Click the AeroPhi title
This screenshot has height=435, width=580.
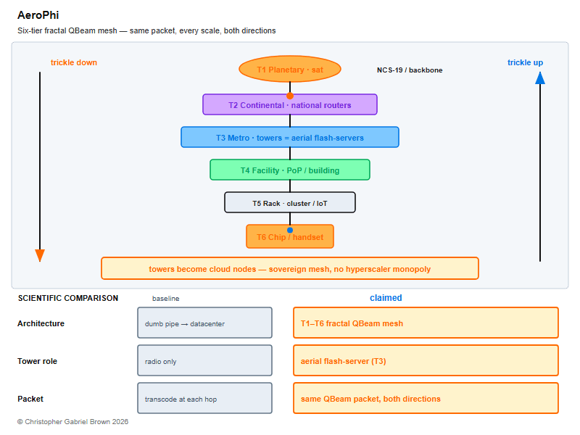(38, 15)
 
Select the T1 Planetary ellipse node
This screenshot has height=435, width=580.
(290, 69)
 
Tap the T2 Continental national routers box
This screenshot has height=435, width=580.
(290, 104)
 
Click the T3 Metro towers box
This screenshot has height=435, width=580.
(290, 137)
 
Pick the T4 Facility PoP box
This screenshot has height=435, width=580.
(290, 170)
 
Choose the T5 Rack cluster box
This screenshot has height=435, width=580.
(290, 203)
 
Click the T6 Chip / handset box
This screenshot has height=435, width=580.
(290, 237)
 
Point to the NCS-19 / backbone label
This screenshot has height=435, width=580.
(410, 70)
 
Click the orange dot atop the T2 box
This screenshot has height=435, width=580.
(290, 96)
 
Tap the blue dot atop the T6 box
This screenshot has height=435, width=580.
(290, 230)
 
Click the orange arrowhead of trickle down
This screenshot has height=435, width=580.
(40, 256)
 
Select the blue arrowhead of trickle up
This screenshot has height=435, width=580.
(540, 78)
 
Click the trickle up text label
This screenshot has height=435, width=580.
(525, 62)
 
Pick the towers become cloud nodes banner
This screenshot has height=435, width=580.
(290, 268)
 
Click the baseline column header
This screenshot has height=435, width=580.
(166, 299)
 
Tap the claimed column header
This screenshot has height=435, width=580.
(386, 298)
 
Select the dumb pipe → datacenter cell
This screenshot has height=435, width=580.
(205, 323)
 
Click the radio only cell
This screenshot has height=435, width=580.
(205, 360)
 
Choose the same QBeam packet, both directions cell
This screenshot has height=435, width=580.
(426, 398)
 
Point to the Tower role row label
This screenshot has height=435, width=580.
(38, 361)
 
